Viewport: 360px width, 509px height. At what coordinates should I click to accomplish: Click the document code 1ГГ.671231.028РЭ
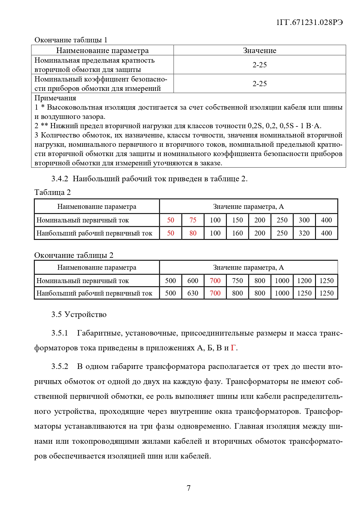(x=309, y=22)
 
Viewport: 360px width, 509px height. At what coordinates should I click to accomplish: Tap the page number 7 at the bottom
(x=189, y=488)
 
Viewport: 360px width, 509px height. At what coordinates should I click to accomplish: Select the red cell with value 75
(x=193, y=220)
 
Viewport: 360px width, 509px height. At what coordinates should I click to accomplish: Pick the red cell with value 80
(x=193, y=233)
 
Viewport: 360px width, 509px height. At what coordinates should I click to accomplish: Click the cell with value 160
(x=237, y=233)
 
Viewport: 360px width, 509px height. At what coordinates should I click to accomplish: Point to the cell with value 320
(x=304, y=233)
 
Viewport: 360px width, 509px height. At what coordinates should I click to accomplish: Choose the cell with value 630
(x=193, y=293)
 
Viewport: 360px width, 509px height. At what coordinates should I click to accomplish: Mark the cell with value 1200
(x=304, y=281)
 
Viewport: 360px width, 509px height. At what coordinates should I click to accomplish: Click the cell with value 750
(x=237, y=281)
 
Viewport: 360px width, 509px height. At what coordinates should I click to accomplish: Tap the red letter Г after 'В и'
(x=233, y=348)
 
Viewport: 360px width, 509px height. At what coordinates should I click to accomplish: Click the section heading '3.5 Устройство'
(x=79, y=314)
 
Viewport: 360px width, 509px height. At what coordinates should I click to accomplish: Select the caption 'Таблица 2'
(x=53, y=192)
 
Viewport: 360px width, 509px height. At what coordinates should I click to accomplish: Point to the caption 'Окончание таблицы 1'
(x=71, y=40)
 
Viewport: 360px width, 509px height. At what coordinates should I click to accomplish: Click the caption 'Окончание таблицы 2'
(x=74, y=255)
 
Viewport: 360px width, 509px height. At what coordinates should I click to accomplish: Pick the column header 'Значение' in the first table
(x=260, y=50)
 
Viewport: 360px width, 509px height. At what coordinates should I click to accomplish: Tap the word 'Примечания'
(x=55, y=98)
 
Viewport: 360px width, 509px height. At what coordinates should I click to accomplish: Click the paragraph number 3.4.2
(x=60, y=179)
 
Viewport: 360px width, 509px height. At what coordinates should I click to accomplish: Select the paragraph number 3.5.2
(x=60, y=367)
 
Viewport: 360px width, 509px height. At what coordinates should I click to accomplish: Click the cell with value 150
(x=237, y=220)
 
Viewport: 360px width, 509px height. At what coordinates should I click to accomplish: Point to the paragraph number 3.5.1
(x=60, y=333)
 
